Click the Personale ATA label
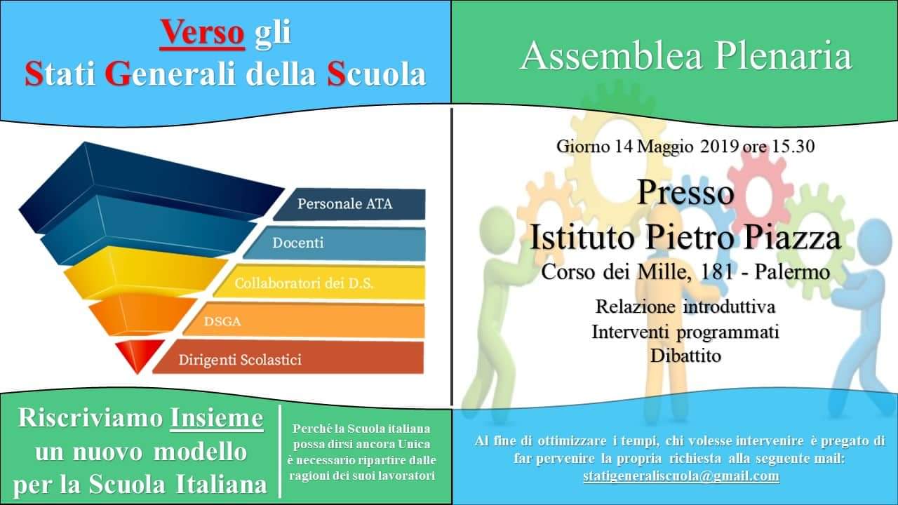point(344,203)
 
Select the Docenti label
point(298,243)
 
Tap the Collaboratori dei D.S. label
point(304,283)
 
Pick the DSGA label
point(222,321)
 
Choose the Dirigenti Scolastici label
point(240,360)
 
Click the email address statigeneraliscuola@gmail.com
point(681,476)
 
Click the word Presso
point(686,192)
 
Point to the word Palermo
point(792,273)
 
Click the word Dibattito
point(685,356)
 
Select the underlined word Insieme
point(217,419)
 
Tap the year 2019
point(719,147)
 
